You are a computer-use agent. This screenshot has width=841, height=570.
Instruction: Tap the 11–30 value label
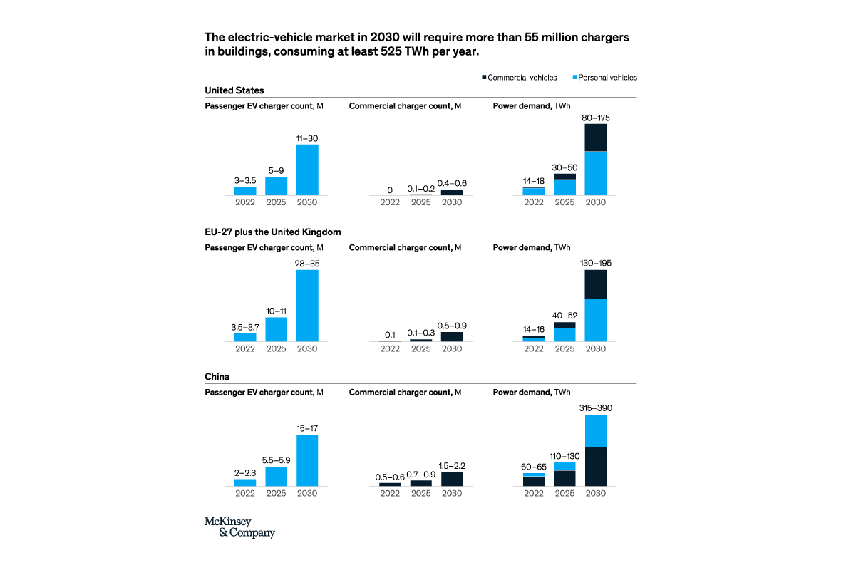pos(307,138)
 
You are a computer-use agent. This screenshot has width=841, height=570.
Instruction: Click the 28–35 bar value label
pos(307,263)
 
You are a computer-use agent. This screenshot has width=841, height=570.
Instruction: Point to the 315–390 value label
pos(595,408)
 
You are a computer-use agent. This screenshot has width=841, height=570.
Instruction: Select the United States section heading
pos(234,90)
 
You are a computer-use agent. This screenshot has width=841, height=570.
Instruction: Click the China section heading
pos(217,376)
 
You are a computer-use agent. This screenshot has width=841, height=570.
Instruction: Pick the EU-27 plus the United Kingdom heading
pos(273,232)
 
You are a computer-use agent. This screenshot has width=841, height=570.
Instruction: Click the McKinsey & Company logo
pos(239,527)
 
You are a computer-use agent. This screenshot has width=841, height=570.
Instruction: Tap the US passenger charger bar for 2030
pos(307,170)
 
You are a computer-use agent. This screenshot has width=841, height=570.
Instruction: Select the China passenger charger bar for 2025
pos(277,476)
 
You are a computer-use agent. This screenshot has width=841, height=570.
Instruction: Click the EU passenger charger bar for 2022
pos(245,337)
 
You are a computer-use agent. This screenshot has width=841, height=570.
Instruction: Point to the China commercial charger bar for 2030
pos(451,479)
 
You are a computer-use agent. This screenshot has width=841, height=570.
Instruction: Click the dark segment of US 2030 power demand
pos(595,138)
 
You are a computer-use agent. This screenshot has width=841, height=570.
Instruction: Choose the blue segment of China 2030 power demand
pos(595,430)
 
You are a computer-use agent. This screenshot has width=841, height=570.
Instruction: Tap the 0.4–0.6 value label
pos(451,183)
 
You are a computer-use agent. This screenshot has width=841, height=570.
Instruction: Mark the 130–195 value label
pos(595,263)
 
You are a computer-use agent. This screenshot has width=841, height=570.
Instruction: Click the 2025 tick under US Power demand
pos(564,202)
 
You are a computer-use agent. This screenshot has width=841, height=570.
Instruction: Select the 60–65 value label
pos(534,467)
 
